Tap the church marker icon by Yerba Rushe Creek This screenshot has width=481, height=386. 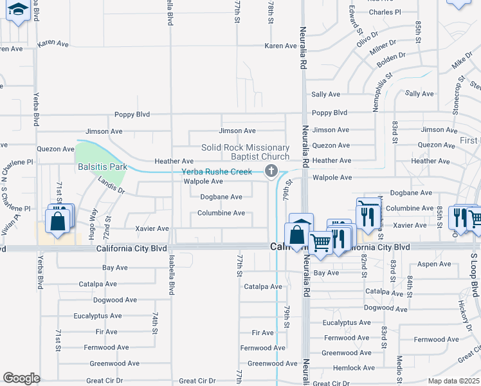tap(271, 170)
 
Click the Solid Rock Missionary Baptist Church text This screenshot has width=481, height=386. tap(245, 152)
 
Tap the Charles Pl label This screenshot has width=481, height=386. tap(385, 12)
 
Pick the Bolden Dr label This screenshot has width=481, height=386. tap(392, 56)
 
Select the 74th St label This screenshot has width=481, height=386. tap(155, 324)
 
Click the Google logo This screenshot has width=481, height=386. tap(21, 378)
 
